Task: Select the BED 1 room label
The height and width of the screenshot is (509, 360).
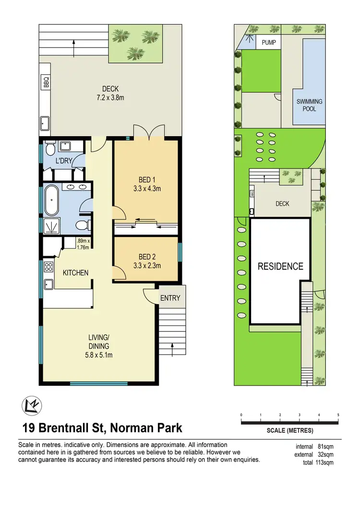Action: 146,184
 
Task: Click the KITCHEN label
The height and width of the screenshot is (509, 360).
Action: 76,272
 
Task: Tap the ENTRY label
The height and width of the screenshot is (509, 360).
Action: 170,298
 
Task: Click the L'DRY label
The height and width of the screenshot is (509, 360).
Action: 63,160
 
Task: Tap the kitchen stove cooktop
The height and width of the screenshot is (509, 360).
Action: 49,267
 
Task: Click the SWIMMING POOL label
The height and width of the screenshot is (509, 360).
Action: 309,105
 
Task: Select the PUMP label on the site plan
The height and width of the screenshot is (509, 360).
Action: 268,43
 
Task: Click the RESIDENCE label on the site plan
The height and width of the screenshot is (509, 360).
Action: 281,266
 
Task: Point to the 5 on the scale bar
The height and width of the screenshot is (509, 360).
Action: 338,415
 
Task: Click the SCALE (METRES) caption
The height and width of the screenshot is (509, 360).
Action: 289,430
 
